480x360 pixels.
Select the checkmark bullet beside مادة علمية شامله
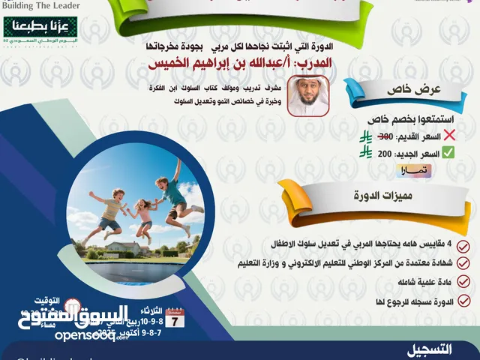(x=464, y=282)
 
